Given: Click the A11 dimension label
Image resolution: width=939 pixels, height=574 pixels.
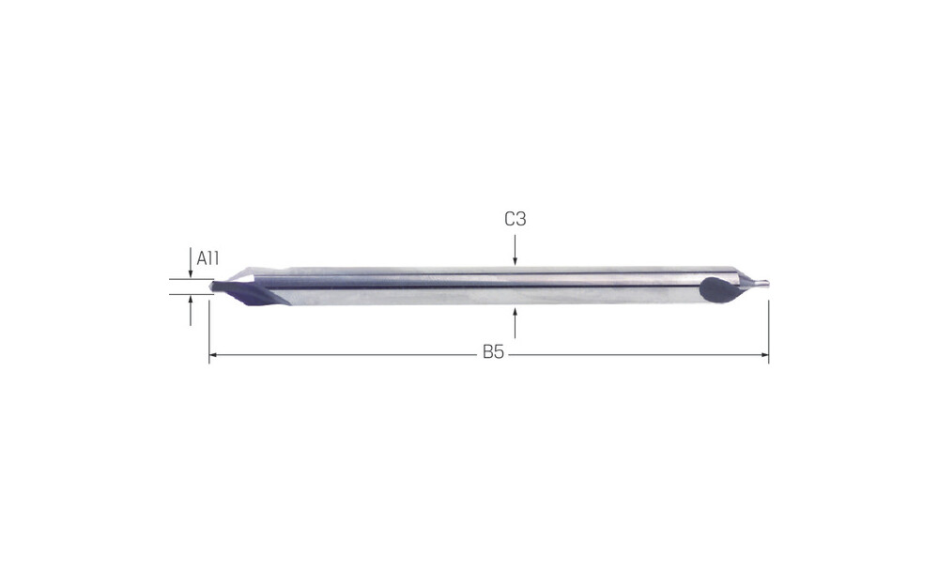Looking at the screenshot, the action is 208,259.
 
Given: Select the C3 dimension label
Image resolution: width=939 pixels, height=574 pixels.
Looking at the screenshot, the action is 515,219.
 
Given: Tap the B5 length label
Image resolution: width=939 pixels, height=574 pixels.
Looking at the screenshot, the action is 494,352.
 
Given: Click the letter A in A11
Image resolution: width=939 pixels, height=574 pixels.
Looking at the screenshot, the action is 201,259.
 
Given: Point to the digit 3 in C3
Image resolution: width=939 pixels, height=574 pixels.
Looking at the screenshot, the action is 521,219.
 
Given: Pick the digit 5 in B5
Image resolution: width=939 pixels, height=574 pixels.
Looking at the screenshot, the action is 499,352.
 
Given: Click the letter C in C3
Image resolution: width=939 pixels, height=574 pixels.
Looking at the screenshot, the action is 509,219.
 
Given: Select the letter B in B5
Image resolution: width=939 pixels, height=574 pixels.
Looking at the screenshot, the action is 488,352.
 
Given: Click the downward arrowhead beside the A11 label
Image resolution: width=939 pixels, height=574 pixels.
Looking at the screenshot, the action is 191,274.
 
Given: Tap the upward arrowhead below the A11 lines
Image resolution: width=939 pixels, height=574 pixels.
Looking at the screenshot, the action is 191,299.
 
